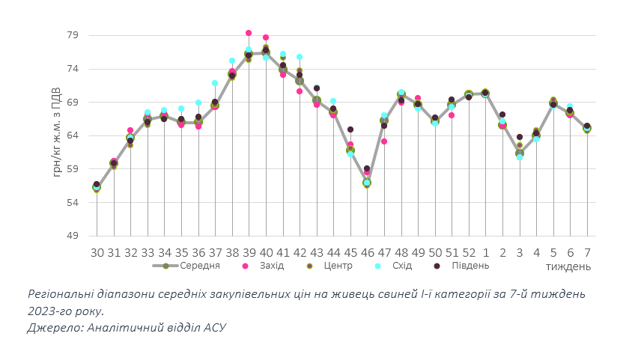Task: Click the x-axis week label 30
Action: click(97, 254)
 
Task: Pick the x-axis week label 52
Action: click(469, 254)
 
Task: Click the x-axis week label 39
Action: click(249, 254)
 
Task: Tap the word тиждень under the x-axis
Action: click(568, 266)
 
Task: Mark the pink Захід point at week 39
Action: click(249, 33)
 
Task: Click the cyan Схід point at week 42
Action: click(300, 57)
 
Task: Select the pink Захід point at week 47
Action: click(384, 141)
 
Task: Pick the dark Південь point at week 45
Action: click(350, 129)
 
